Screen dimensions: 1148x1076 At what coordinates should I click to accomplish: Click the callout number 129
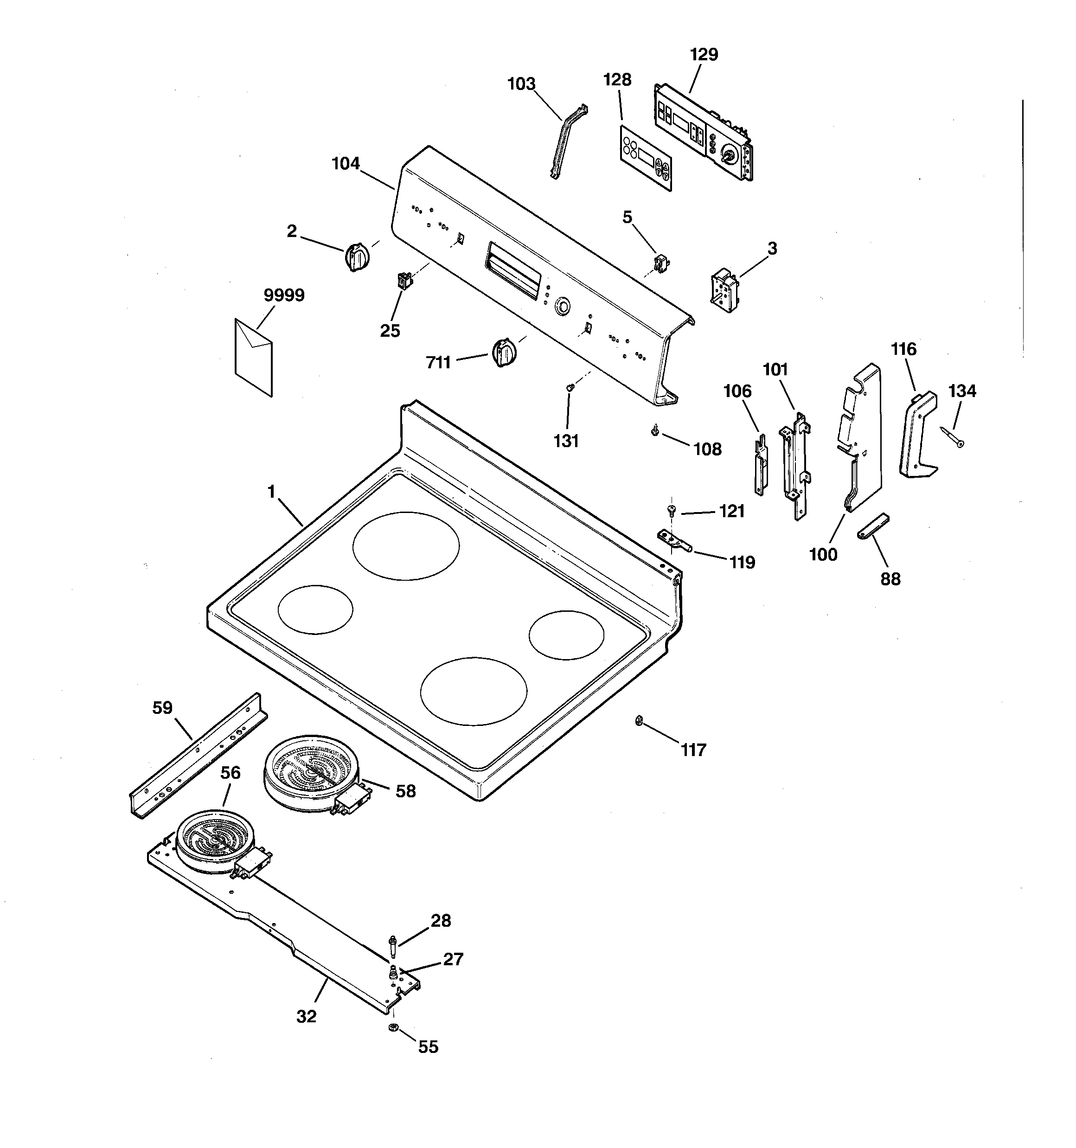click(x=704, y=55)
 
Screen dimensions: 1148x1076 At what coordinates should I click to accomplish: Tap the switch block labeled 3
click(x=724, y=290)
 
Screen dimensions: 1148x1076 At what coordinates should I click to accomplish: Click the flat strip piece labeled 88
click(x=873, y=526)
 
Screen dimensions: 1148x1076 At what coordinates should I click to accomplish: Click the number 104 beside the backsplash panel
click(x=346, y=164)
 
